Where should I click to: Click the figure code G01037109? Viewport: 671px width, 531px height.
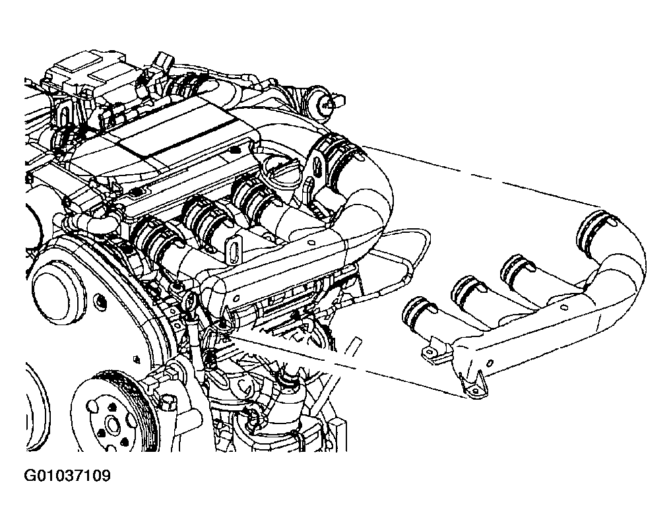[x=67, y=476]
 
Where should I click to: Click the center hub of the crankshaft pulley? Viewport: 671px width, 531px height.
[x=112, y=425]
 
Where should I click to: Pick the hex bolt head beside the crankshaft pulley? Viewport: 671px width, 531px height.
[x=168, y=402]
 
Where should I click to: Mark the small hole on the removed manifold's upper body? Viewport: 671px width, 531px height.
[x=564, y=307]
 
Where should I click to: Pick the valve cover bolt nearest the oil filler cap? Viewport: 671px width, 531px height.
[x=234, y=150]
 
